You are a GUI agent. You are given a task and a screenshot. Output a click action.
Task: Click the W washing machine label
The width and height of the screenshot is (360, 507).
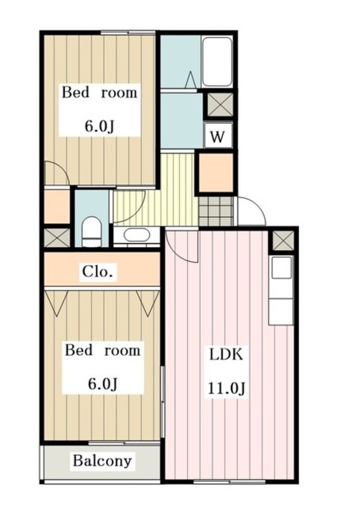(217, 137)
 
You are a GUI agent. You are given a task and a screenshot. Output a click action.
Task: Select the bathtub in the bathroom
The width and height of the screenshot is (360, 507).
(217, 61)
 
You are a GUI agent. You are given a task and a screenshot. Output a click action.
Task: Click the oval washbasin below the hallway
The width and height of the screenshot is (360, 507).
(136, 235)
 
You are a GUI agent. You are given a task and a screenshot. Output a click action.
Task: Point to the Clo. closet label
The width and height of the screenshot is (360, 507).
(98, 272)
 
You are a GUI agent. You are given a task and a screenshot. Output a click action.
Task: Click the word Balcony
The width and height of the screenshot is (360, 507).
(103, 461)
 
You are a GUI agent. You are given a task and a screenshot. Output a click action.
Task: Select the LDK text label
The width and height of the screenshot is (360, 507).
(226, 355)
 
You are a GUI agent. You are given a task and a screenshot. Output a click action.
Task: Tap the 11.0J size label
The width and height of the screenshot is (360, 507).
(226, 388)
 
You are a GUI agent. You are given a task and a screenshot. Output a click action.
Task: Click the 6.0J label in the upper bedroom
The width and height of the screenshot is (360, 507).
(100, 127)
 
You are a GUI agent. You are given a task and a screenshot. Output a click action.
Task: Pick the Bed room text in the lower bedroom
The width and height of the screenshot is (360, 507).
(103, 350)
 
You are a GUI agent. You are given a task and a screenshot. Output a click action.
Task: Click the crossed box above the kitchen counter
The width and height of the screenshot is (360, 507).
(283, 241)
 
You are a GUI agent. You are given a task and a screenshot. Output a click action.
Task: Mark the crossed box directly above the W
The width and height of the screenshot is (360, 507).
(220, 105)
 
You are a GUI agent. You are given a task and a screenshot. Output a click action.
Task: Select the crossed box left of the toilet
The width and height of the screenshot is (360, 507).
(57, 238)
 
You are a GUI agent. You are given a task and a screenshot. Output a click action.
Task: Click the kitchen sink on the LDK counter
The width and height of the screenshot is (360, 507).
(281, 268)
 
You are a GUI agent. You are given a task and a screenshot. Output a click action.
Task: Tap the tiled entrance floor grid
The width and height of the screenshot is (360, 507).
(216, 211)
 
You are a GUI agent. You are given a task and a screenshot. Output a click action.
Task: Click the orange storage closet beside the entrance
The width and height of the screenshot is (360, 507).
(216, 173)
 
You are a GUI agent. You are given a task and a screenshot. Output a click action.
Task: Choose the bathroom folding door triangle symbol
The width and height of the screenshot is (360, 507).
(191, 79)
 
